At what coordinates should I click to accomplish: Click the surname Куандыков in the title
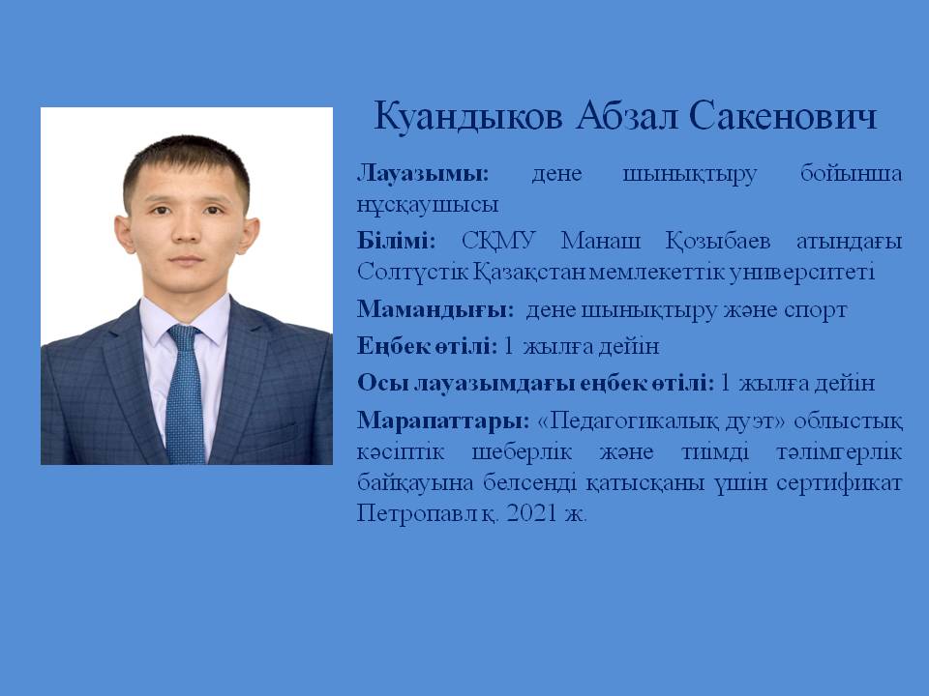(x=468, y=116)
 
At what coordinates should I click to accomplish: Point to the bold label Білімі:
(x=397, y=241)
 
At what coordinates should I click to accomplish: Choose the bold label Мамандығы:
(x=435, y=310)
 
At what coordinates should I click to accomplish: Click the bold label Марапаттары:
(x=443, y=421)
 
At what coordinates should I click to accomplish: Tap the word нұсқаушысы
(x=428, y=205)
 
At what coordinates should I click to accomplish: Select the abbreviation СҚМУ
(x=498, y=242)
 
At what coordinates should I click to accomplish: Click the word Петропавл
(x=417, y=513)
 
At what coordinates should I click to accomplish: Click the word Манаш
(x=601, y=241)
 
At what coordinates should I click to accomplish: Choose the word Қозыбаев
(x=718, y=242)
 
